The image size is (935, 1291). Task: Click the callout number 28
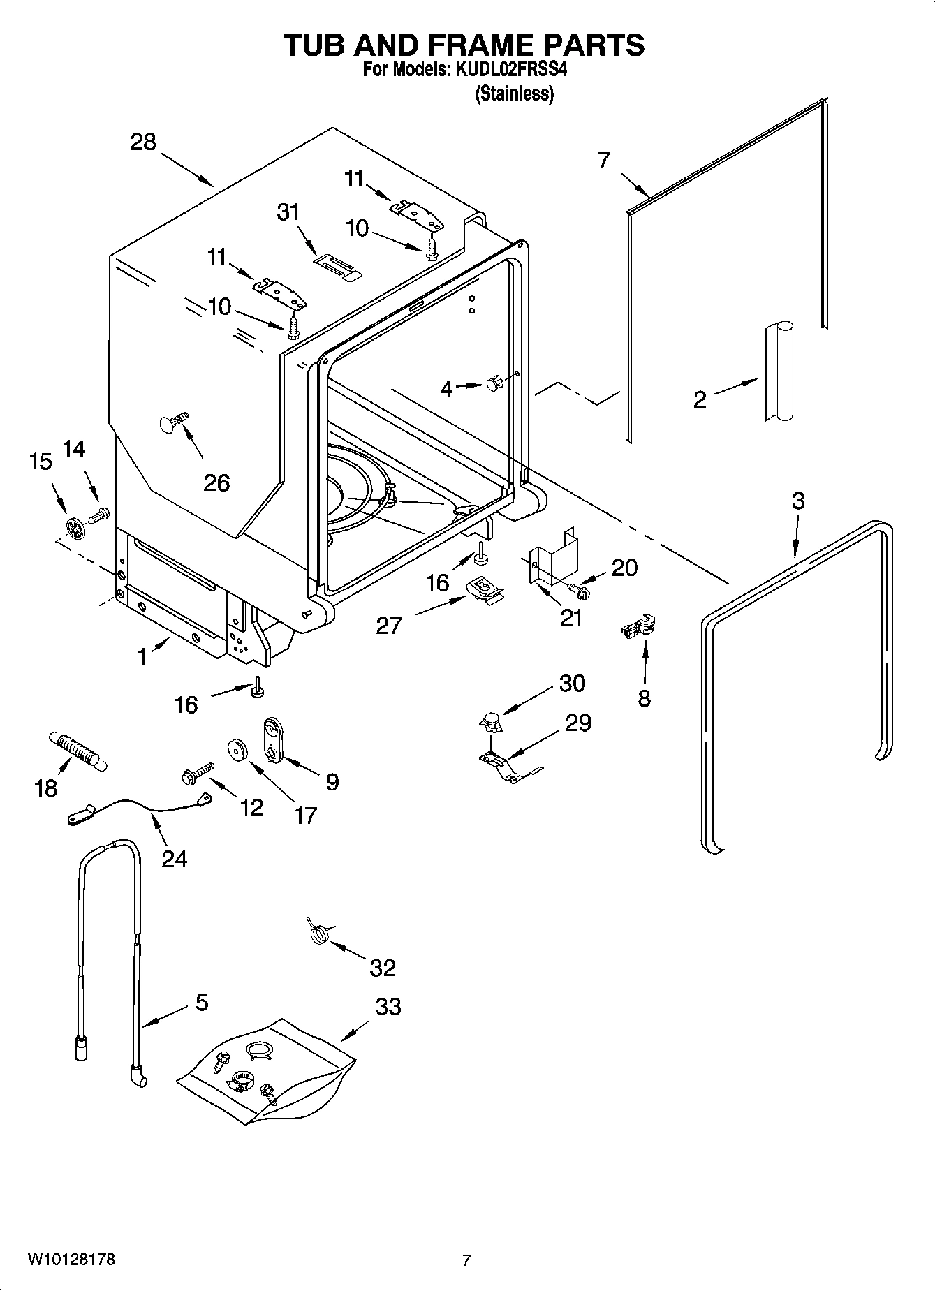pyautogui.click(x=143, y=142)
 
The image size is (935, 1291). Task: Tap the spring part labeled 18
pyautogui.click(x=77, y=751)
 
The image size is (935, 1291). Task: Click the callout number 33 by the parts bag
pyautogui.click(x=388, y=1007)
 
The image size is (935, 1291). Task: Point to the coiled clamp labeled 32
pyautogui.click(x=319, y=933)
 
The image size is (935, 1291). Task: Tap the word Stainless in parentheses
pyautogui.click(x=515, y=94)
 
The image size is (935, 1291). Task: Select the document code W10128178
pyautogui.click(x=71, y=1260)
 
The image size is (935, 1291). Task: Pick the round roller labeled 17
pyautogui.click(x=240, y=750)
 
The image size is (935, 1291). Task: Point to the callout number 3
pyautogui.click(x=798, y=501)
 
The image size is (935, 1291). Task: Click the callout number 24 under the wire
pyautogui.click(x=174, y=857)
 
